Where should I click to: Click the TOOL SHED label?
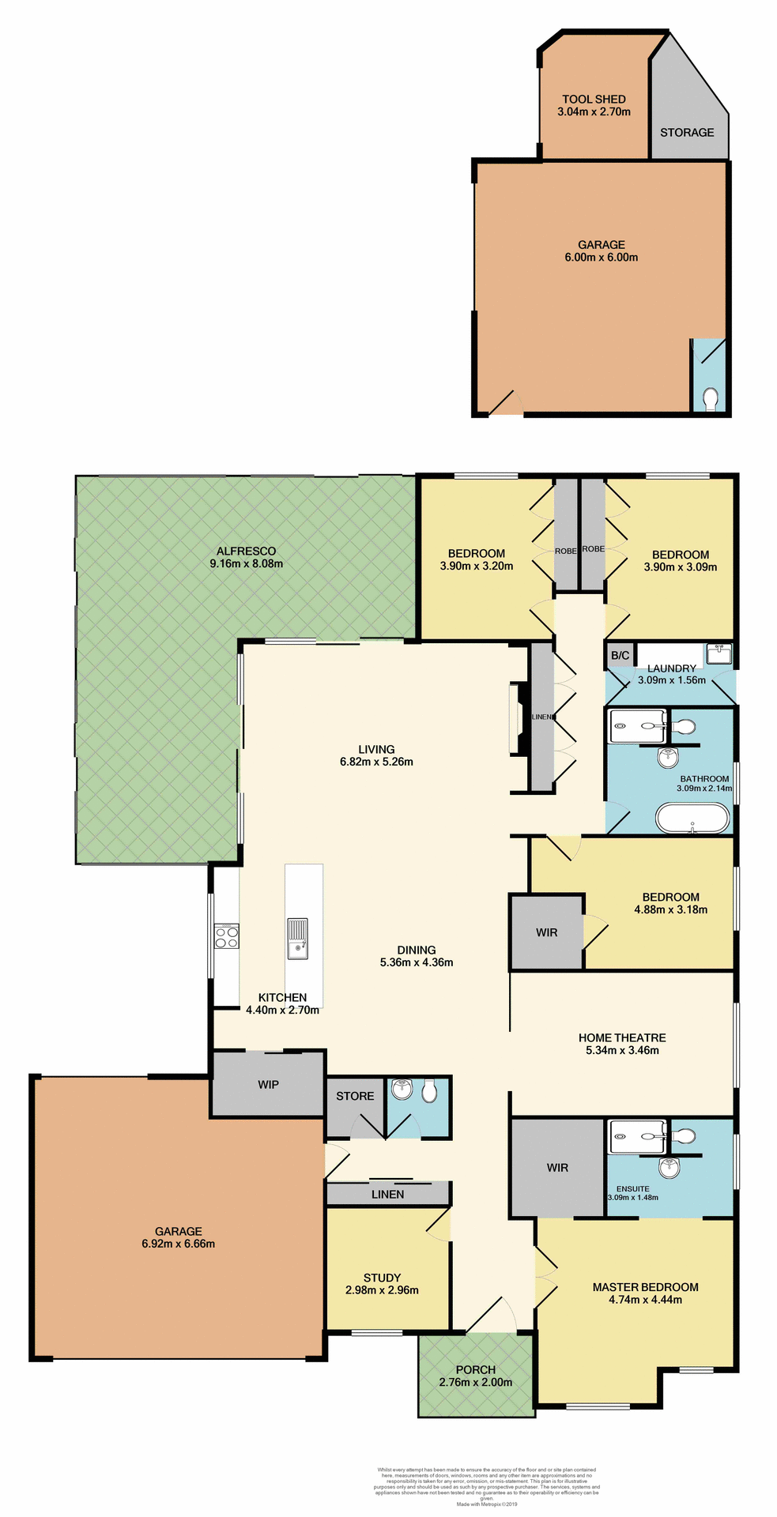tap(594, 100)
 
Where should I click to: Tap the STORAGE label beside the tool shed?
tap(687, 133)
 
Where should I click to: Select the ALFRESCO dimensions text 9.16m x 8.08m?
tap(246, 564)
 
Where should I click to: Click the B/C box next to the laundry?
tap(620, 656)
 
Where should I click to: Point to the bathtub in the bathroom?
tap(692, 819)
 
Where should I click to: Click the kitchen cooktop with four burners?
tap(227, 936)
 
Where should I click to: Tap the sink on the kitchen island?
tap(298, 938)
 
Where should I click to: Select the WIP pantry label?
tap(268, 1085)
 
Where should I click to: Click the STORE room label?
tap(355, 1097)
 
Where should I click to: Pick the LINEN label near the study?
tap(387, 1195)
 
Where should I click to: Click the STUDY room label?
tap(382, 1278)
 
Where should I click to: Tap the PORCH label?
tap(476, 1370)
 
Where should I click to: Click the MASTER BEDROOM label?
tap(645, 1287)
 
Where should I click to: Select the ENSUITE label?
tap(632, 1189)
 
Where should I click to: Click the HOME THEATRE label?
tap(622, 1038)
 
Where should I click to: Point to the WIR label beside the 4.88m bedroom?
tap(547, 933)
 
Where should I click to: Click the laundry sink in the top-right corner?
tap(719, 654)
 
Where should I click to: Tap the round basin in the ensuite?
tap(670, 1167)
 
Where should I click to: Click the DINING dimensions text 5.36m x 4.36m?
tap(417, 963)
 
